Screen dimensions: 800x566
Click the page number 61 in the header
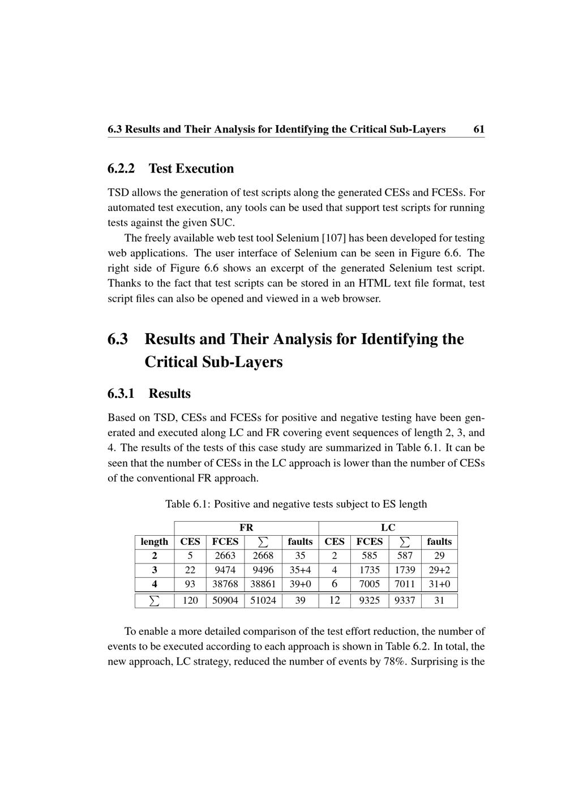[x=479, y=129]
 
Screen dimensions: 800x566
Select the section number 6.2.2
[x=121, y=169]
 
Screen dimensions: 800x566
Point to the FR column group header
[x=246, y=527]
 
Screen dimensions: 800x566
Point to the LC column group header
[x=388, y=527]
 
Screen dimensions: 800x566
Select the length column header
[x=155, y=541]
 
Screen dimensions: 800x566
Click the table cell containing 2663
[x=225, y=556]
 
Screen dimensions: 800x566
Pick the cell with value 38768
[x=225, y=584]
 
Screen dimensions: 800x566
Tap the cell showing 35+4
[x=300, y=570]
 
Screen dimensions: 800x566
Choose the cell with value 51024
[x=263, y=600]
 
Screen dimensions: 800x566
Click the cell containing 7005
[x=370, y=584]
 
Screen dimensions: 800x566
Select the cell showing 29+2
[x=439, y=570]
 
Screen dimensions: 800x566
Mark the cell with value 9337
[x=405, y=600]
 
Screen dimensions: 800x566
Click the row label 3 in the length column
[x=155, y=570]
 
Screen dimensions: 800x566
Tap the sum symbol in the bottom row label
[x=155, y=600]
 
